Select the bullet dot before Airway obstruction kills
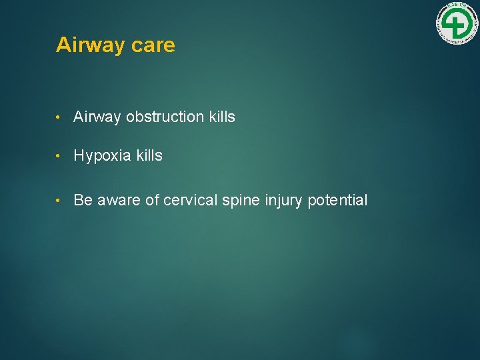[x=59, y=118]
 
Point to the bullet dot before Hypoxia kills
[x=59, y=157]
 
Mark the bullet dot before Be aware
[x=59, y=201]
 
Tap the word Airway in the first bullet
[x=97, y=117]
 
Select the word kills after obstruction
[x=222, y=117]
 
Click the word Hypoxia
[x=103, y=156]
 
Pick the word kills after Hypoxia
[x=149, y=156]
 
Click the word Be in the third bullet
[x=83, y=200]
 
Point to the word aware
[x=119, y=200]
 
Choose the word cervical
[x=190, y=200]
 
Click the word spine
[x=241, y=200]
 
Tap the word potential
[x=338, y=200]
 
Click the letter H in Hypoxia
[x=79, y=156]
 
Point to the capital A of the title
[x=63, y=45]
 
